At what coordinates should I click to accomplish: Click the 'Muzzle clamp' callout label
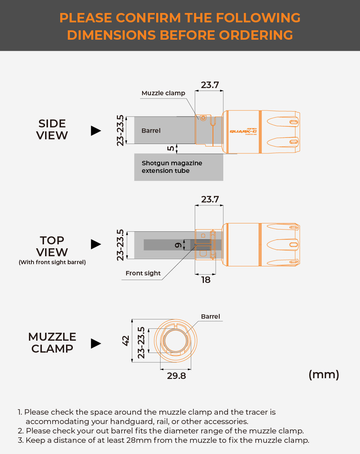pyautogui.click(x=163, y=93)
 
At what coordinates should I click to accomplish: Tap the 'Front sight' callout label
pyautogui.click(x=143, y=273)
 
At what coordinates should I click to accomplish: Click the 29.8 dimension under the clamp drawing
pyautogui.click(x=176, y=376)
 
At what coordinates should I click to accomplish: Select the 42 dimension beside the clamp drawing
pyautogui.click(x=126, y=340)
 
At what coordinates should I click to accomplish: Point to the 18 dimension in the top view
pyautogui.click(x=206, y=280)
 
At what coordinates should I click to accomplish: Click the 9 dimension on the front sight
pyautogui.click(x=178, y=245)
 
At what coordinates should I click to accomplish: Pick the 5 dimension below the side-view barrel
pyautogui.click(x=171, y=148)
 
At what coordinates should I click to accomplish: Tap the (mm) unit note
pyautogui.click(x=324, y=375)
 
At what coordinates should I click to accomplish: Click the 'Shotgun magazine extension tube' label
pyautogui.click(x=172, y=167)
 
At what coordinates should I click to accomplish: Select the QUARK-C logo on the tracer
pyautogui.click(x=243, y=131)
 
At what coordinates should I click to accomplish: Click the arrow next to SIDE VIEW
pyautogui.click(x=96, y=131)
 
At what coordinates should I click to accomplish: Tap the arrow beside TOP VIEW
pyautogui.click(x=96, y=244)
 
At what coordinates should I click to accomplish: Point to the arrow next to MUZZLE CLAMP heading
pyautogui.click(x=96, y=343)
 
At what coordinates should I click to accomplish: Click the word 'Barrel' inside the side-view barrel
pyautogui.click(x=151, y=131)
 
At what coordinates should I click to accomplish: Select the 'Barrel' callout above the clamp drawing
pyautogui.click(x=210, y=317)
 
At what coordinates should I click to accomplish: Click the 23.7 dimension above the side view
pyautogui.click(x=210, y=85)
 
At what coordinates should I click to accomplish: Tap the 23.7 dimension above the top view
pyautogui.click(x=210, y=199)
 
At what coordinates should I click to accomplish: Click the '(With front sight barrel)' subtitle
pyautogui.click(x=52, y=262)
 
